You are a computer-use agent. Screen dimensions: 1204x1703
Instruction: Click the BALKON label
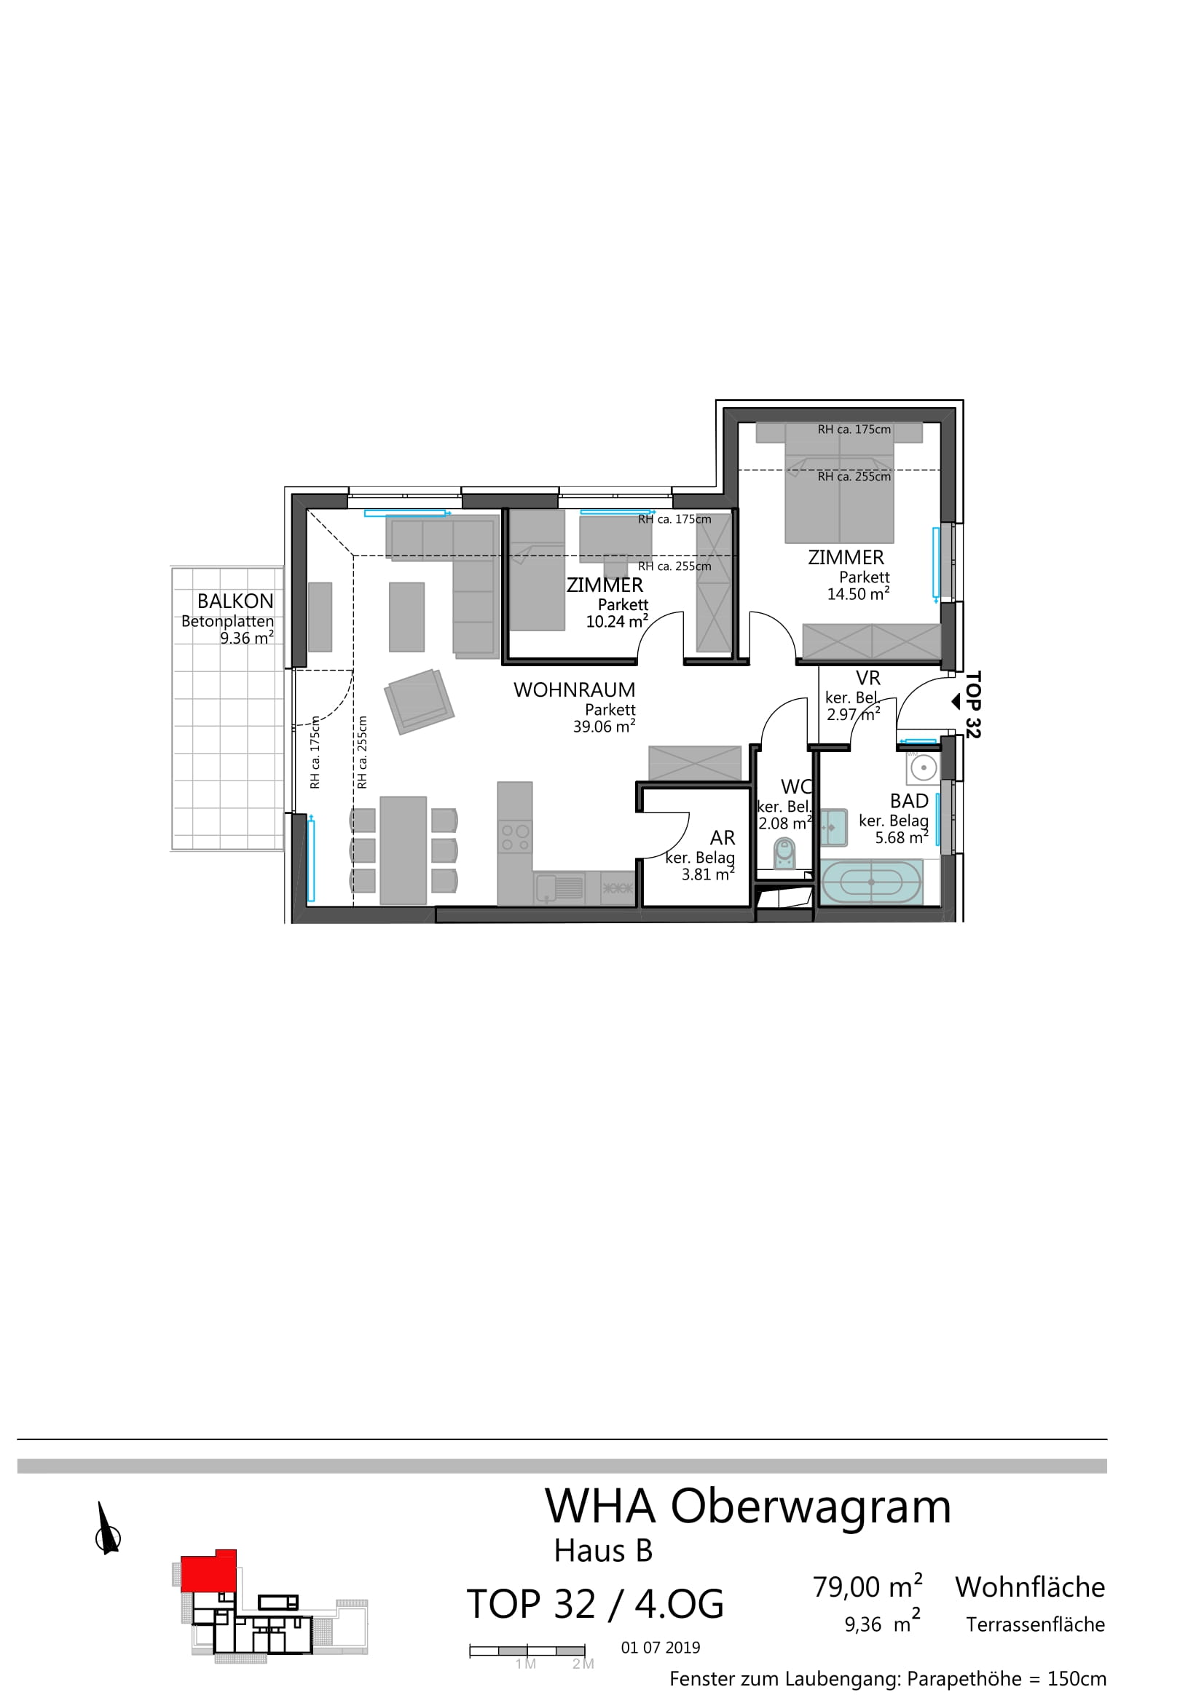[235, 601]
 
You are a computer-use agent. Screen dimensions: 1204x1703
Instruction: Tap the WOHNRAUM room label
[574, 690]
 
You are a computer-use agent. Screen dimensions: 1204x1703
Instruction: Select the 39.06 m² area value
[604, 726]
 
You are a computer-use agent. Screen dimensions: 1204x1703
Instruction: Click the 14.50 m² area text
[858, 593]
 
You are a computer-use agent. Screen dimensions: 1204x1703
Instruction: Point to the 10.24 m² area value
[617, 621]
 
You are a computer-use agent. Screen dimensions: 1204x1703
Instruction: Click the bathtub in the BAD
[872, 882]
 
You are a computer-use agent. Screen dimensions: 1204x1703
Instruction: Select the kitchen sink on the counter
[560, 888]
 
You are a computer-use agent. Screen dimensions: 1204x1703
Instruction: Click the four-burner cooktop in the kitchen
[515, 837]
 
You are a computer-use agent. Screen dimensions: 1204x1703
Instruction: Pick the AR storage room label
[723, 837]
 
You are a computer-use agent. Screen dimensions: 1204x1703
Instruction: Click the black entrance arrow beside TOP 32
[956, 701]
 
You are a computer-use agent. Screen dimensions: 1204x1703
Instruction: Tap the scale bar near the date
[527, 1651]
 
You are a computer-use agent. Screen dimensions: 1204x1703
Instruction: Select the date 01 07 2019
[660, 1648]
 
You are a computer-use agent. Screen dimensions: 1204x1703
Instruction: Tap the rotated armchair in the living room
[419, 701]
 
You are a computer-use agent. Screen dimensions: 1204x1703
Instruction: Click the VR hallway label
[868, 678]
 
